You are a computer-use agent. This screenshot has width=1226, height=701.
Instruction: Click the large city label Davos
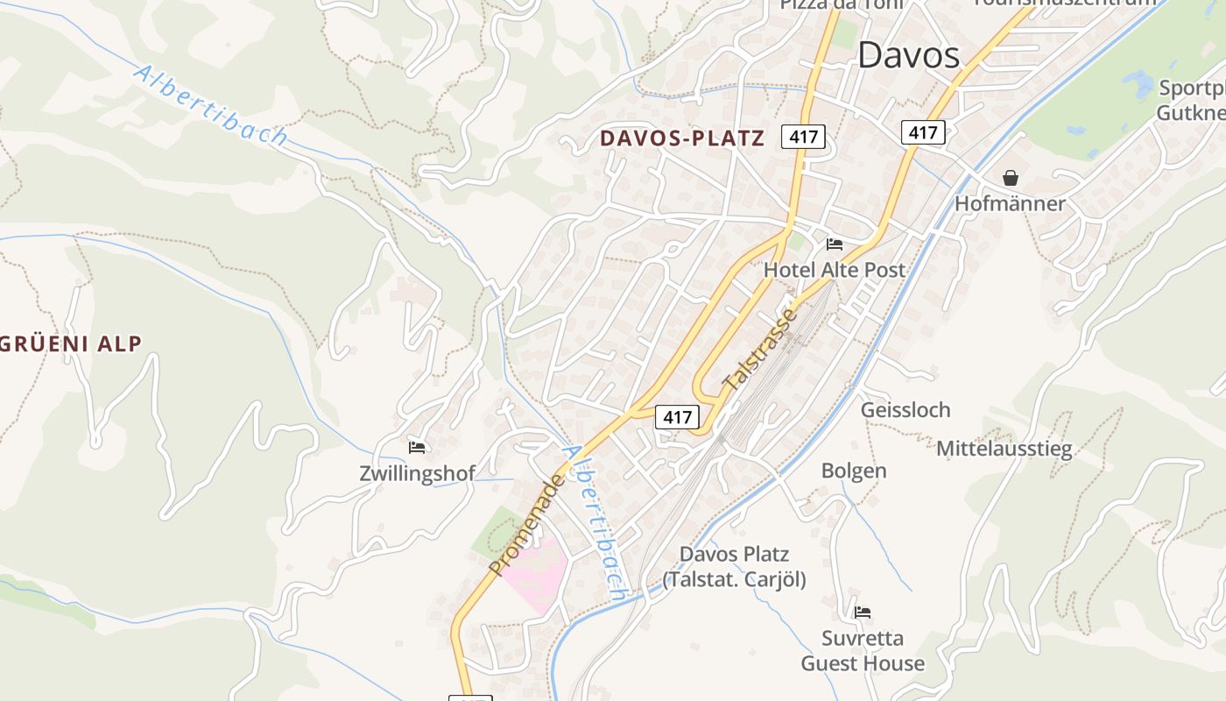(x=908, y=56)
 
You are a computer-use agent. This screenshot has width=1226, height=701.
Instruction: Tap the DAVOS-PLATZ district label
(x=681, y=138)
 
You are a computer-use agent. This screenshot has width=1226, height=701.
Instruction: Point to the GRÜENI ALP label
(x=71, y=343)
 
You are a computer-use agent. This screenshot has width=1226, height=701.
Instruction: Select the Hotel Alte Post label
(x=834, y=270)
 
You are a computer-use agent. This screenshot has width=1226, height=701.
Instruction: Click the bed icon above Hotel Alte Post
(x=834, y=244)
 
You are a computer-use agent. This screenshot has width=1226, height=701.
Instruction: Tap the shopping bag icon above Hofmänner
(x=1011, y=178)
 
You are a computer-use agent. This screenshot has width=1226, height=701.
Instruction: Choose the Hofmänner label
(x=1010, y=203)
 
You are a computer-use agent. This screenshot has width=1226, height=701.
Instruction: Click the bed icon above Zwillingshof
(x=417, y=448)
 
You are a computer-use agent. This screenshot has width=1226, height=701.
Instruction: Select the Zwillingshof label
(x=417, y=473)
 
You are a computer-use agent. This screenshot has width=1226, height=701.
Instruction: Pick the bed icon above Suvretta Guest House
(x=863, y=612)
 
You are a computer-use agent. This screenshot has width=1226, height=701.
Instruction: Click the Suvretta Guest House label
(x=863, y=651)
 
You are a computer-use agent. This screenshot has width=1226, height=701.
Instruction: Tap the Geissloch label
(x=905, y=410)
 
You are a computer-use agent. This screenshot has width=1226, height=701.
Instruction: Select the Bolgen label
(x=854, y=471)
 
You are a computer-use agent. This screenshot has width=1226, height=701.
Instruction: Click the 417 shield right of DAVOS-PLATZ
(x=803, y=137)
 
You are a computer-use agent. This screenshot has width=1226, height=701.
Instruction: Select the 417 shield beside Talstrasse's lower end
(x=677, y=417)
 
